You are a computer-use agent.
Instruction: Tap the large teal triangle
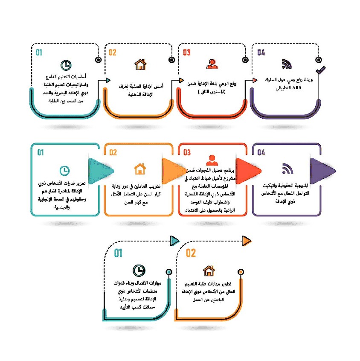pyautogui.click(x=101, y=172)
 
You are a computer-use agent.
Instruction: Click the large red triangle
pyautogui.click(x=248, y=172)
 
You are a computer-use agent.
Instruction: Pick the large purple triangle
pyautogui.click(x=322, y=172)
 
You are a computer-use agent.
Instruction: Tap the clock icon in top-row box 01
pyautogui.click(x=66, y=65)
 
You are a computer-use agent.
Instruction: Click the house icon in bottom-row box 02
pyautogui.click(x=209, y=271)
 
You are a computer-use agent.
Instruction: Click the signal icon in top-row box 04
pyautogui.click(x=287, y=64)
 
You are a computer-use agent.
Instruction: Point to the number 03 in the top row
pyautogui.click(x=187, y=52)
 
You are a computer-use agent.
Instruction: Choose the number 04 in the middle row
pyautogui.click(x=261, y=152)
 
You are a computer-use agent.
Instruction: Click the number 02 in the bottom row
pyautogui.click(x=191, y=253)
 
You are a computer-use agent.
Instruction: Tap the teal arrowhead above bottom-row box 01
pyautogui.click(x=174, y=241)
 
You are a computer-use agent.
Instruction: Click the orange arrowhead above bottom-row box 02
pyautogui.click(x=247, y=241)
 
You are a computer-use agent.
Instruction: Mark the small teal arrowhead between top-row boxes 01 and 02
pyautogui.click(x=108, y=80)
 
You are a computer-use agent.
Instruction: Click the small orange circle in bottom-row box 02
pyautogui.click(x=241, y=272)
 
